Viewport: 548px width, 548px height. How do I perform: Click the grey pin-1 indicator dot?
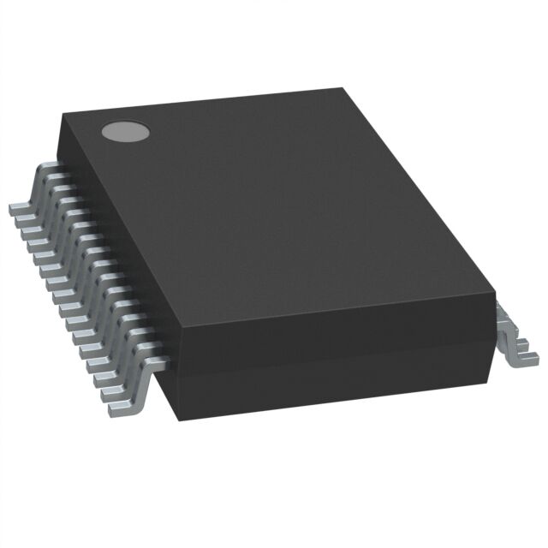[x=125, y=131]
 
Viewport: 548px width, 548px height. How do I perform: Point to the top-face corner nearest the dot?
[x=63, y=118]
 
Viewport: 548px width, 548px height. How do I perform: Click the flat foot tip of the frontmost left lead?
[x=120, y=410]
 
